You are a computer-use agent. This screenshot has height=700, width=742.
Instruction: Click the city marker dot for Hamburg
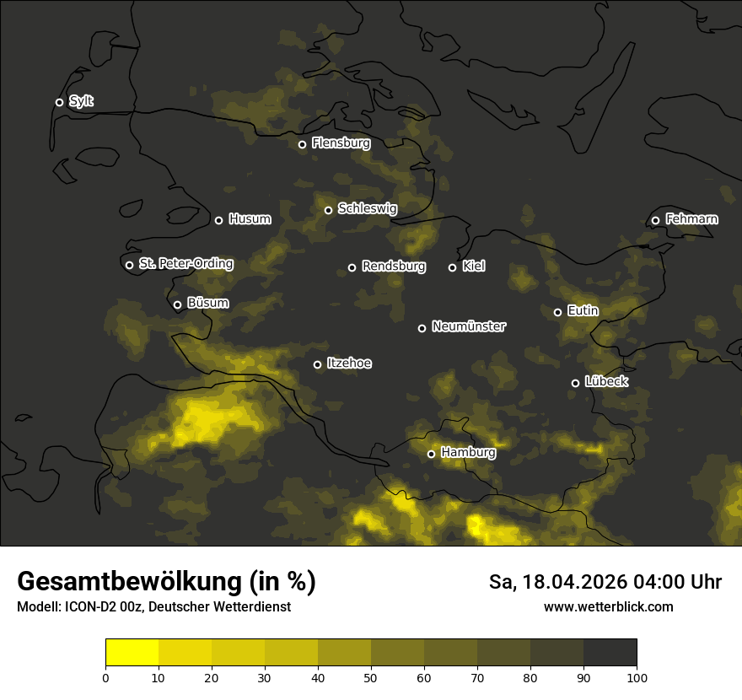tap(431, 454)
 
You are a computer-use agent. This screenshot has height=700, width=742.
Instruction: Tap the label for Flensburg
tap(341, 143)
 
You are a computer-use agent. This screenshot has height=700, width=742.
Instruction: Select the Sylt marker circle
tap(59, 102)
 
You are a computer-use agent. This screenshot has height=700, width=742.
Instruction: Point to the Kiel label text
tap(474, 267)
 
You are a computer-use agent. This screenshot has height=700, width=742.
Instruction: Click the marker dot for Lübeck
tap(575, 383)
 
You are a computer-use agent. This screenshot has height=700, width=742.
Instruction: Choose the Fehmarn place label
tap(691, 219)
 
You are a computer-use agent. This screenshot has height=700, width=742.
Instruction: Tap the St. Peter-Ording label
tap(185, 264)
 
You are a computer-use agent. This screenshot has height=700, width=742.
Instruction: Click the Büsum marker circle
tap(177, 305)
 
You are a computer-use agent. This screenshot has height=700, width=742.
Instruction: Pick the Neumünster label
tap(469, 326)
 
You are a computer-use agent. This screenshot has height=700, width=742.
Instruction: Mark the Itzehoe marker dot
tap(317, 364)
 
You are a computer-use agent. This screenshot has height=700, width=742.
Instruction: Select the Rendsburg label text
tap(394, 267)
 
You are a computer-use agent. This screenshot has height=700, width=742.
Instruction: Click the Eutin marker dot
tap(557, 312)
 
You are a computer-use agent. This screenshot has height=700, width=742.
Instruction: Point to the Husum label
tap(250, 219)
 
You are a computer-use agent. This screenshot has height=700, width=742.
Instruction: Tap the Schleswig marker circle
tap(328, 210)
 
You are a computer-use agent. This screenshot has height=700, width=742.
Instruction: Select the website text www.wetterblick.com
tap(609, 606)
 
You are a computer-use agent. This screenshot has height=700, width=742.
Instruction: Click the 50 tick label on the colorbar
tap(371, 677)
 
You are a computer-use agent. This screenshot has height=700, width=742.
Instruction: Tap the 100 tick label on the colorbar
tap(637, 677)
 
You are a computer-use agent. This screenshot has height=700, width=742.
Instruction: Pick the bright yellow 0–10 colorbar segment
tap(132, 653)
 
